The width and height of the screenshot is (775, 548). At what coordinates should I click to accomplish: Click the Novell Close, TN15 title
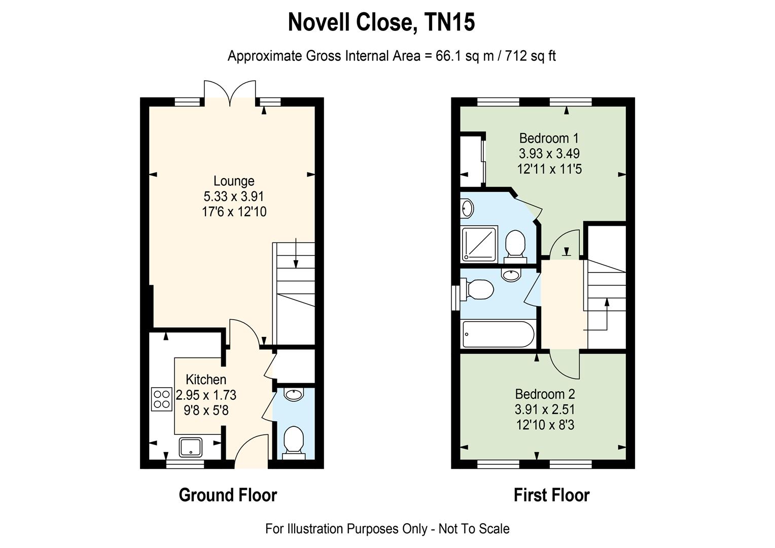[381, 22]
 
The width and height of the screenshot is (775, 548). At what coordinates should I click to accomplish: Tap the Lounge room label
[234, 181]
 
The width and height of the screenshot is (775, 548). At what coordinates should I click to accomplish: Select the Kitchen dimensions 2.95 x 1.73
[206, 395]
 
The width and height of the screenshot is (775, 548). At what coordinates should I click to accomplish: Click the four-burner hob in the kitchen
[162, 399]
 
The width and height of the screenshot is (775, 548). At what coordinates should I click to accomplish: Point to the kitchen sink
[190, 447]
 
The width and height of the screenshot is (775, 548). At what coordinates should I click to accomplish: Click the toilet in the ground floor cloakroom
[293, 443]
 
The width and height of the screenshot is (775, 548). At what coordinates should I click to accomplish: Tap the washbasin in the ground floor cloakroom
[293, 394]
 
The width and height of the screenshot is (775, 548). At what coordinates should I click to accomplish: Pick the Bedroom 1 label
[549, 138]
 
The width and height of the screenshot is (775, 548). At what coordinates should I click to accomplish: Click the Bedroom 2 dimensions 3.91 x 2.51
[545, 409]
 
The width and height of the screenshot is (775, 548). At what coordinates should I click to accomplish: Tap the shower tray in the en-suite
[479, 244]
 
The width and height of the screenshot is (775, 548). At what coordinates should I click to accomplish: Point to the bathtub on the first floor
[498, 334]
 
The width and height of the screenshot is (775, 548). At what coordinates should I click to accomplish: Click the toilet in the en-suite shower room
[515, 247]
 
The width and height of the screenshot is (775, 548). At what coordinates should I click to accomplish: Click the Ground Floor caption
[228, 495]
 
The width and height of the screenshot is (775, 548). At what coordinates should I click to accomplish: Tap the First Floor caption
[551, 495]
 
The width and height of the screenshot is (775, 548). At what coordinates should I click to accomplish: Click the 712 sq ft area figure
[531, 56]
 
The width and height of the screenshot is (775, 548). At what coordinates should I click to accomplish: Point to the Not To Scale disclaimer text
[474, 529]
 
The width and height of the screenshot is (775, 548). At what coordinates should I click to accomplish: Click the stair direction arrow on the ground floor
[296, 253]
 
